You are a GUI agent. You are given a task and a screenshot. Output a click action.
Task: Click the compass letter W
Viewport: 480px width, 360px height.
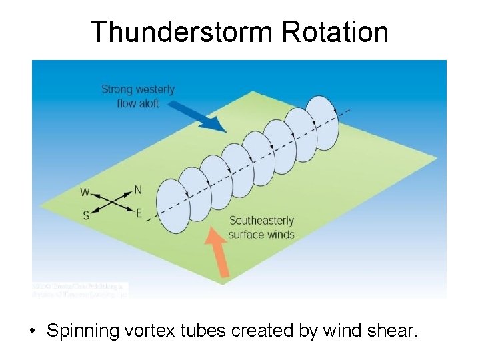click(x=85, y=193)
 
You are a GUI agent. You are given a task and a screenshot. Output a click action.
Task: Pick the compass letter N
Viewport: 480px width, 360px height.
click(x=137, y=190)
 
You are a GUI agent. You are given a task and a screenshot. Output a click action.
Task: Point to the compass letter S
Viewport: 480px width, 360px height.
click(x=85, y=215)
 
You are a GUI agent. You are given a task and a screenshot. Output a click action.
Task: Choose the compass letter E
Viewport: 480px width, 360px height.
click(x=139, y=213)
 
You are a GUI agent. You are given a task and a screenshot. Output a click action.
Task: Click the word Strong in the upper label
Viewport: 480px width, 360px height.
click(x=117, y=89)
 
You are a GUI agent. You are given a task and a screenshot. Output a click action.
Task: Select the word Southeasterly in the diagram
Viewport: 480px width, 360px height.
click(x=261, y=221)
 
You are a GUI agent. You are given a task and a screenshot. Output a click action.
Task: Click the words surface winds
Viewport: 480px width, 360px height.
click(x=261, y=234)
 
